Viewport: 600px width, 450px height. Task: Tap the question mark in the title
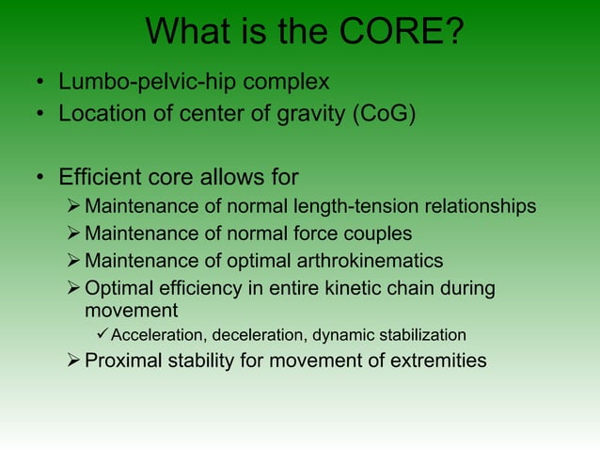pyautogui.click(x=452, y=34)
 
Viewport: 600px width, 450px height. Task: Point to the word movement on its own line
pyautogui.click(x=131, y=310)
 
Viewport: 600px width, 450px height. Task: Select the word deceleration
pyautogui.click(x=260, y=335)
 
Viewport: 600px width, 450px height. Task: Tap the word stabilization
pyautogui.click(x=418, y=335)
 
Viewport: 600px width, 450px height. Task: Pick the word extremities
pyautogui.click(x=442, y=360)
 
